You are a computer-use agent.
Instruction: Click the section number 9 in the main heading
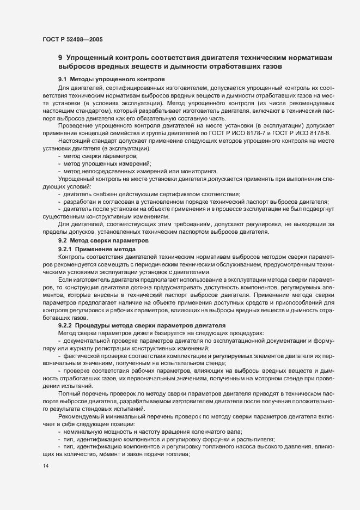(x=60, y=57)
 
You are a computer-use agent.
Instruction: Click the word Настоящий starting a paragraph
(x=74, y=141)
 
